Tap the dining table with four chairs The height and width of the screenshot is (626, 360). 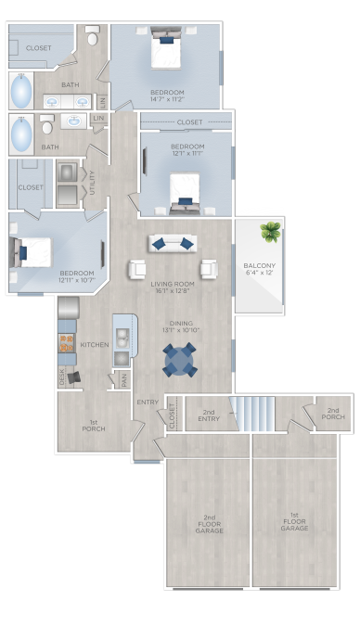pyautogui.click(x=180, y=360)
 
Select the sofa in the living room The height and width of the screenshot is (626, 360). pyautogui.click(x=172, y=243)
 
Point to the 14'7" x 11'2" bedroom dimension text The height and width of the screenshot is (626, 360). pyautogui.click(x=167, y=99)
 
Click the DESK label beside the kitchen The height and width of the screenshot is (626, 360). pyautogui.click(x=63, y=377)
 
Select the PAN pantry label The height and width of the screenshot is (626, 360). pyautogui.click(x=123, y=377)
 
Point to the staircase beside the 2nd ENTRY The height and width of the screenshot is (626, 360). pyautogui.click(x=253, y=412)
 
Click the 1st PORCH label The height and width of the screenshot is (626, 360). pyautogui.click(x=94, y=426)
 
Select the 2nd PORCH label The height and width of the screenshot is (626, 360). pyautogui.click(x=333, y=414)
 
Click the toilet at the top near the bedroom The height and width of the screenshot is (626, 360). pyautogui.click(x=92, y=37)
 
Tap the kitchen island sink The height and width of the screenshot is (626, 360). pyautogui.click(x=122, y=334)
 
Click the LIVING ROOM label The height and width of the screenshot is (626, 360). pyautogui.click(x=172, y=283)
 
